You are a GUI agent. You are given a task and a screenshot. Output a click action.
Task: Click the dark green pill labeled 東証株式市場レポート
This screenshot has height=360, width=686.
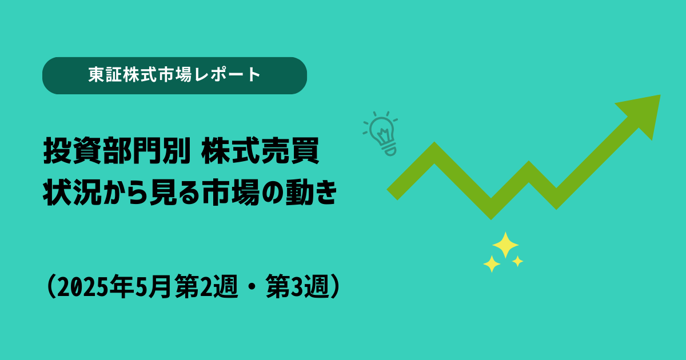[x=174, y=75]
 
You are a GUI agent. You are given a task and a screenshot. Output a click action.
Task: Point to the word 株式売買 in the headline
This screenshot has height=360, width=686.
[x=260, y=151]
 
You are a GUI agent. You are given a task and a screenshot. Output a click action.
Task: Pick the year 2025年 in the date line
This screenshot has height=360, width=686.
[x=95, y=286]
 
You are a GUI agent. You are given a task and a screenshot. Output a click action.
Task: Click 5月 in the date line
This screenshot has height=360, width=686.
[x=153, y=286]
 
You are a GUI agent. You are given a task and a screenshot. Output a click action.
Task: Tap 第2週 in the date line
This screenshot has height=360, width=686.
[x=206, y=286]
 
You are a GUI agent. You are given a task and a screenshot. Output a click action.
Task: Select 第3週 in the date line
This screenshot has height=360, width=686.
[x=297, y=286]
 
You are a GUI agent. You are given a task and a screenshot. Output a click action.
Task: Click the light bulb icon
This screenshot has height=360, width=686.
[x=381, y=134]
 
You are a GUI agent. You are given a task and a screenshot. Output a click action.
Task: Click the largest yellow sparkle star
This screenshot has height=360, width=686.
[x=505, y=245]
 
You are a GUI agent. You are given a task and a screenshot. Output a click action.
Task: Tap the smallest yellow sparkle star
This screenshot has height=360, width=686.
[x=517, y=261]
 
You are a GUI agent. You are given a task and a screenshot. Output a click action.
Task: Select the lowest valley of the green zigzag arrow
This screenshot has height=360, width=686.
[x=491, y=214]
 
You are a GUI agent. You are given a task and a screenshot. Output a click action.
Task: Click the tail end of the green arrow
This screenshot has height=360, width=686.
[x=392, y=195]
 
